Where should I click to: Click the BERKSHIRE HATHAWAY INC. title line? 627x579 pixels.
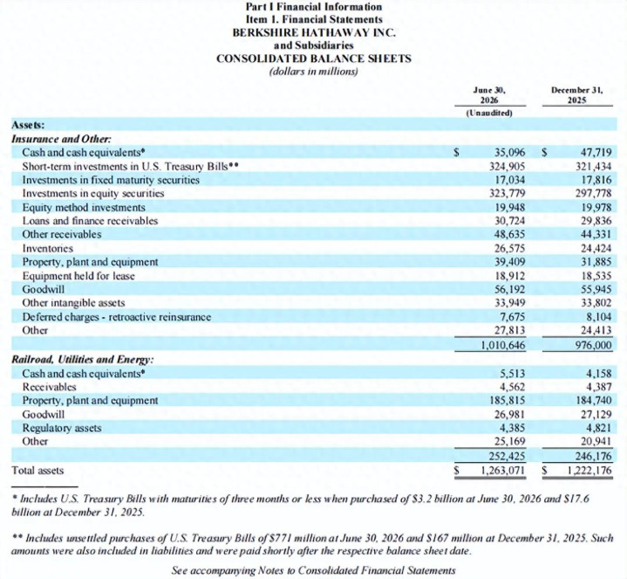[314, 32]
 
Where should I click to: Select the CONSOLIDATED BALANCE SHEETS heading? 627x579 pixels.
[314, 59]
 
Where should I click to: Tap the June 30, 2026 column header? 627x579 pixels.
[489, 95]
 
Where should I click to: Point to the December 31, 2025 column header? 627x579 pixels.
[577, 95]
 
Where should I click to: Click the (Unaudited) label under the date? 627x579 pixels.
[489, 113]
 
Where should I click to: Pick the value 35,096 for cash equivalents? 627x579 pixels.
[509, 153]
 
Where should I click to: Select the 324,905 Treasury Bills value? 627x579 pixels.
[507, 166]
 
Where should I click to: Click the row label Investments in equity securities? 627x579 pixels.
[93, 193]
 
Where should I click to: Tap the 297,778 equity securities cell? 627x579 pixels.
[593, 193]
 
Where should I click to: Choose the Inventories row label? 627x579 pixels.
[48, 248]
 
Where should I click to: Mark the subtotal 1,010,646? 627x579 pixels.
[502, 345]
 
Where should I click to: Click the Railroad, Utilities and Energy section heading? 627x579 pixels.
[83, 360]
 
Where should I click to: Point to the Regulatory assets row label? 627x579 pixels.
[62, 428]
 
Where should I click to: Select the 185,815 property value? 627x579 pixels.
[507, 401]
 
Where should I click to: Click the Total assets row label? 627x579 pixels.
[37, 470]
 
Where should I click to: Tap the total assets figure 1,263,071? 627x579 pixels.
[502, 470]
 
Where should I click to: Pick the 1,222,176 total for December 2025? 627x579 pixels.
[590, 470]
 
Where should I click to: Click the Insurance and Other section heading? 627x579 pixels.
[62, 139]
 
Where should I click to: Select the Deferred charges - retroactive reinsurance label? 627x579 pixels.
[116, 317]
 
